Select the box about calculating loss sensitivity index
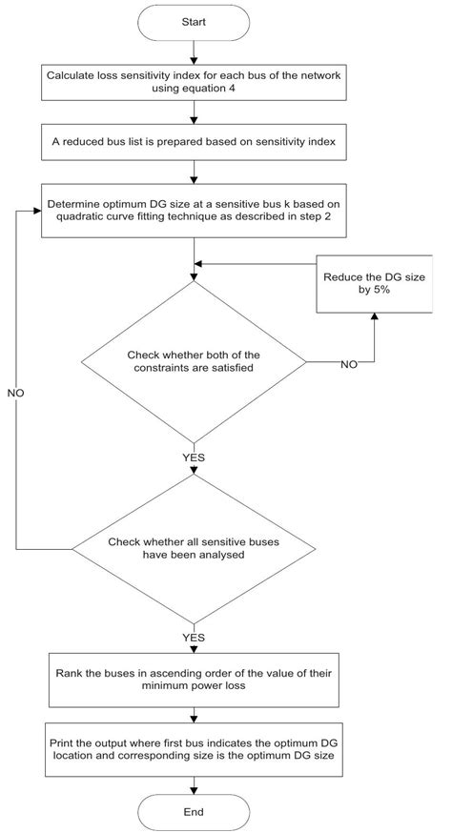pyautogui.click(x=195, y=86)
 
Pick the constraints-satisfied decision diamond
pyautogui.click(x=195, y=361)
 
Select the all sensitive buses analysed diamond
pyautogui.click(x=195, y=549)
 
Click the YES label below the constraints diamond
pyautogui.click(x=195, y=457)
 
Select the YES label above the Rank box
pyautogui.click(x=195, y=635)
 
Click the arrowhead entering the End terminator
pyautogui.click(x=195, y=786)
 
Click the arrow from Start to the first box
pyautogui.click(x=195, y=51)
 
